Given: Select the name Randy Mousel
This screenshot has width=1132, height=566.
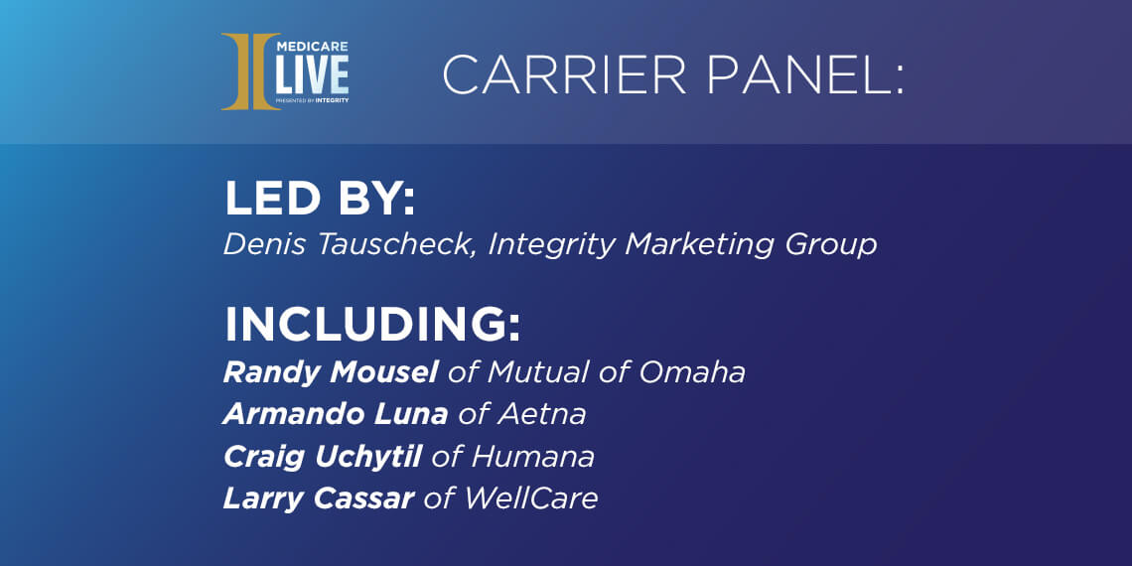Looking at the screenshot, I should point(331,372).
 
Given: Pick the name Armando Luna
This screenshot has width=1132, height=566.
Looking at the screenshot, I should point(336,414).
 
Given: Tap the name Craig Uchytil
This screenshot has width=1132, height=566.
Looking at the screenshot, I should point(323,456).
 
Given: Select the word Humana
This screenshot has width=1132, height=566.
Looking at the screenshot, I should point(532,456).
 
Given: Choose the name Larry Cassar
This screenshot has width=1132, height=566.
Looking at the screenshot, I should point(318,497).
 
